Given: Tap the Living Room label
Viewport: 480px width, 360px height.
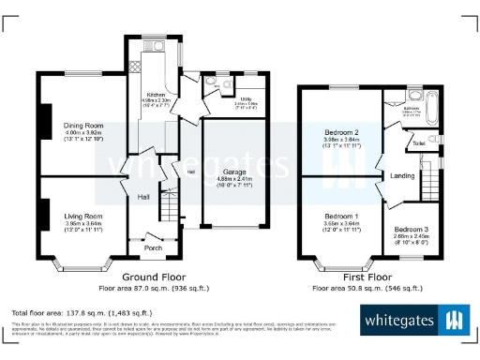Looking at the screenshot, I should coord(82,216).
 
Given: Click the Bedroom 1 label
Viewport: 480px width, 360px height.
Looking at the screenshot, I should coord(341,216).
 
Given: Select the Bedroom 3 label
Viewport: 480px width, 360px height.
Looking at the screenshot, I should coord(411,230).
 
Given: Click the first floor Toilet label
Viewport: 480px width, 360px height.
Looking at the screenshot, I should coord(419,143).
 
